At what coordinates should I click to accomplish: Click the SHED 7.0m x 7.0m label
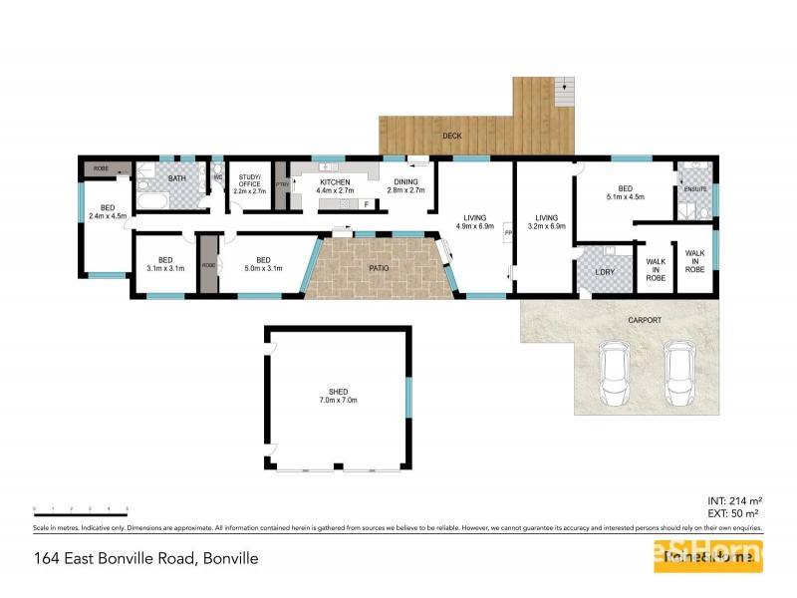(337, 395)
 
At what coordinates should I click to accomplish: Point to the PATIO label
(378, 269)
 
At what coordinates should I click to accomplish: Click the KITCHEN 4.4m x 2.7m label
(335, 186)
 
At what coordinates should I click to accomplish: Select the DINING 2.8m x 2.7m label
(405, 186)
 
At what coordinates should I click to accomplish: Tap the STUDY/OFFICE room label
(249, 185)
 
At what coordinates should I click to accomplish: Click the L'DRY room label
(605, 273)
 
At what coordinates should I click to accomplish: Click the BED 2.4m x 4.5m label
(107, 212)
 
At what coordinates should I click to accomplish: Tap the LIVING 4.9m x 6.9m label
(472, 221)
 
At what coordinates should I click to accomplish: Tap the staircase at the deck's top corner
(564, 94)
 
